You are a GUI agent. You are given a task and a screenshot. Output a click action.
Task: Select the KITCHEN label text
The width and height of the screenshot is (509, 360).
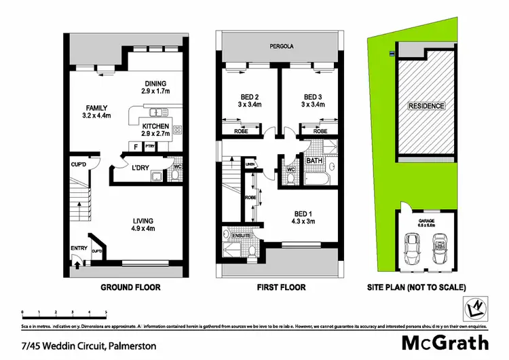point(155,126)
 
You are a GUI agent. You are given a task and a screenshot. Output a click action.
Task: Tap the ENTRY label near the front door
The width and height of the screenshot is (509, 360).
point(79,248)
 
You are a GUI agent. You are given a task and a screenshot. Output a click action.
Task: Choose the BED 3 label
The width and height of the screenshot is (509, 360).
point(313,96)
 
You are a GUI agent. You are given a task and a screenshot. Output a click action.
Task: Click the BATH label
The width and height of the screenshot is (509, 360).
point(314,161)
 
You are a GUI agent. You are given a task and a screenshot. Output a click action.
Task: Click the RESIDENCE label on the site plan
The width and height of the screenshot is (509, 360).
point(426,106)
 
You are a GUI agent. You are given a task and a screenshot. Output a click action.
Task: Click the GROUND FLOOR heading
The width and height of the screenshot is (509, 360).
point(131,287)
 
